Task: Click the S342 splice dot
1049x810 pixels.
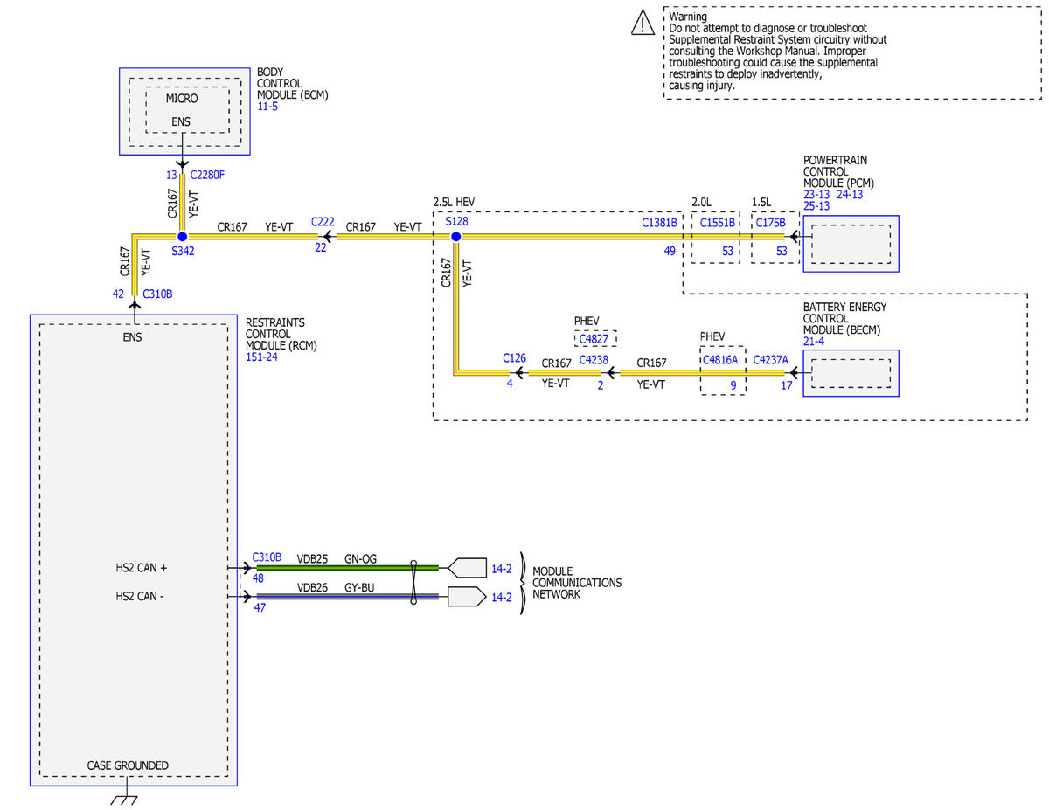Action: click(182, 237)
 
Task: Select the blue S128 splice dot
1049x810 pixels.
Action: click(455, 237)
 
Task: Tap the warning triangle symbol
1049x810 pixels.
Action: click(643, 23)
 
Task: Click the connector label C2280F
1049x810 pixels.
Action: click(207, 175)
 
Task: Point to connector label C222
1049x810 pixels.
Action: click(323, 221)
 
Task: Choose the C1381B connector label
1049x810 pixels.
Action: click(659, 223)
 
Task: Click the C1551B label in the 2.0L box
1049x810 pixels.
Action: click(718, 223)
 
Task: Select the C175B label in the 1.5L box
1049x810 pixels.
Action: click(770, 223)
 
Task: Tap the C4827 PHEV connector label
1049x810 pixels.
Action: click(594, 339)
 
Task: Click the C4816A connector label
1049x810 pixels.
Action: click(720, 360)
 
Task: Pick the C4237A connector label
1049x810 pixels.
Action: click(770, 360)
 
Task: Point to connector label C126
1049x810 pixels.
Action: click(514, 358)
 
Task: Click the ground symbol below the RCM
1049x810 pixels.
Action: click(124, 801)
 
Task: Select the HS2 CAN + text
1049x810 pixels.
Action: click(141, 568)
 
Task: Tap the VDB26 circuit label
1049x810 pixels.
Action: click(312, 587)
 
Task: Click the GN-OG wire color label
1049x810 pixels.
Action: click(360, 559)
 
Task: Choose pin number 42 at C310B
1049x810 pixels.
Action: click(118, 294)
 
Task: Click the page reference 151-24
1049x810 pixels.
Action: click(261, 357)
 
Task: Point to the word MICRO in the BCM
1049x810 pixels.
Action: click(182, 99)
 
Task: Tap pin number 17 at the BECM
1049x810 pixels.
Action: click(787, 385)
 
